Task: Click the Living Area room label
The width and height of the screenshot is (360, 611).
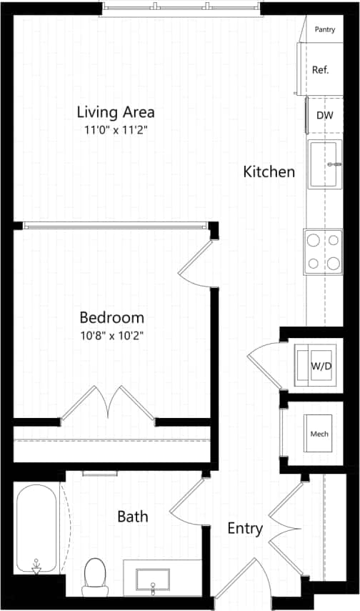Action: [116, 112]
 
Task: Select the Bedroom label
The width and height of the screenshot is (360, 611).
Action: [111, 317]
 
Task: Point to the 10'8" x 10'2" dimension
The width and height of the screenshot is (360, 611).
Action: [111, 334]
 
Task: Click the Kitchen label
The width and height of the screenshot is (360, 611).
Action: [269, 172]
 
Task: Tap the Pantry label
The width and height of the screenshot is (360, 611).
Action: [325, 30]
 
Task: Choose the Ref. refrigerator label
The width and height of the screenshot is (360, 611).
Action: [320, 70]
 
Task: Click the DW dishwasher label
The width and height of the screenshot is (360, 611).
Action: [324, 116]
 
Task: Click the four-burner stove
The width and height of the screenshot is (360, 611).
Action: [323, 252]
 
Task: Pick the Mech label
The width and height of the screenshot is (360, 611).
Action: [319, 434]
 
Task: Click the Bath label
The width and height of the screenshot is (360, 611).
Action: [133, 515]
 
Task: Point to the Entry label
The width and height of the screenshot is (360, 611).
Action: [245, 529]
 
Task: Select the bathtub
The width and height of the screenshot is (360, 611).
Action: [35, 529]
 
